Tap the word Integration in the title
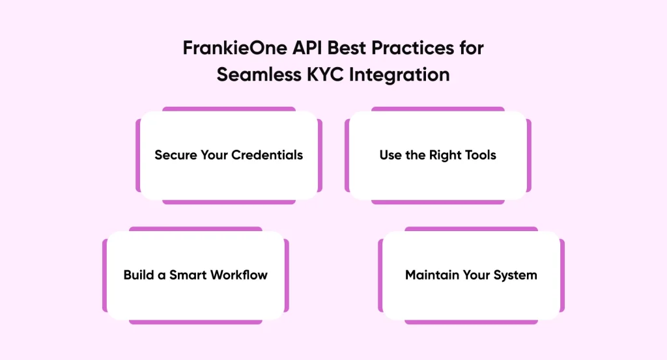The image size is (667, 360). click(399, 74)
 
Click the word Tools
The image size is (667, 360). click(481, 155)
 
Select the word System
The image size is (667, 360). click(515, 274)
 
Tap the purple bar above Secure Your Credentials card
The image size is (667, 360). click(229, 109)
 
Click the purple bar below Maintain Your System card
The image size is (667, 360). click(471, 321)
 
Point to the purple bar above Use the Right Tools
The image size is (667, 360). click(438, 109)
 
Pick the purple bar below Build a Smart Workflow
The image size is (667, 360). click(195, 321)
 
